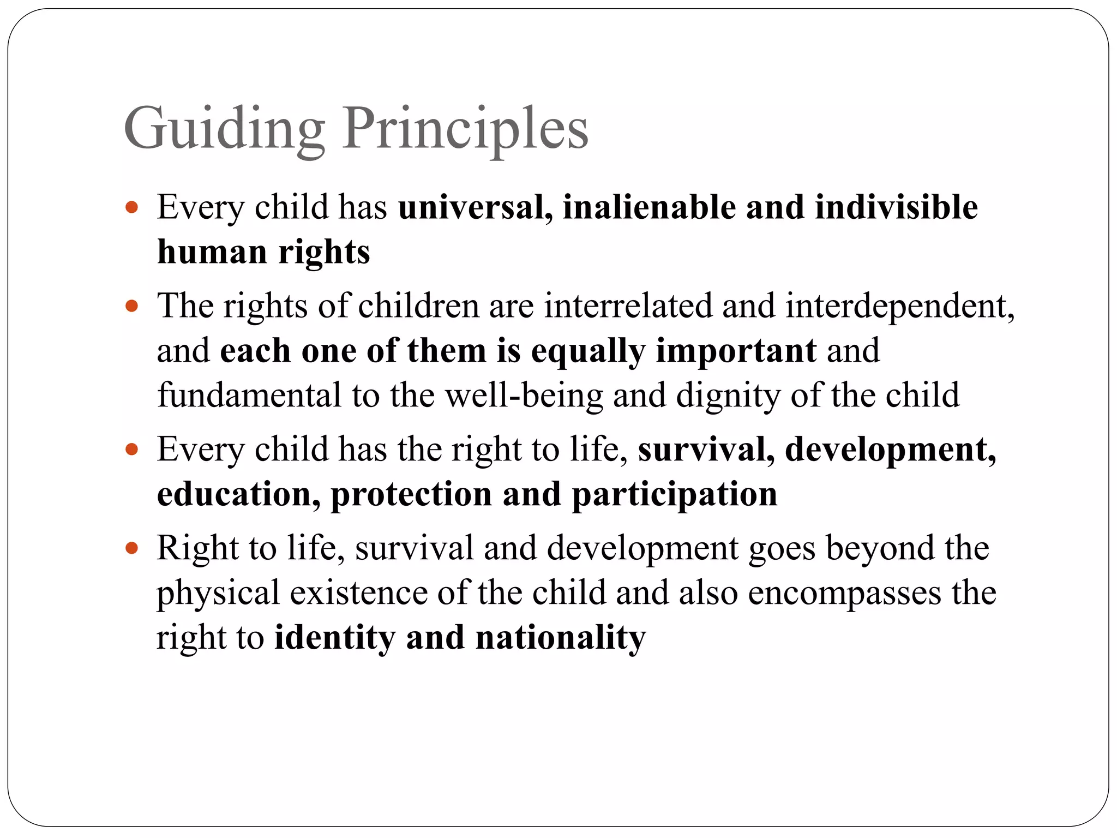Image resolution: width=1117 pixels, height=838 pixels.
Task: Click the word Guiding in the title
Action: [x=224, y=129]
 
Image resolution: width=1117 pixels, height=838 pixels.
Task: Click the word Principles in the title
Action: [x=465, y=129]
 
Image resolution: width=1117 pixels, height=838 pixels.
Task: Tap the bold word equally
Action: [x=588, y=351]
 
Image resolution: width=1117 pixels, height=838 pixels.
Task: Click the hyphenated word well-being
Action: [x=524, y=395]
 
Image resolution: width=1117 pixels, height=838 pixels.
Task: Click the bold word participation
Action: [x=675, y=495]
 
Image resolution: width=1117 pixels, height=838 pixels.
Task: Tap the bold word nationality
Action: [x=561, y=637]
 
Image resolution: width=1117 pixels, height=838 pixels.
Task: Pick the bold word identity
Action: [x=334, y=637]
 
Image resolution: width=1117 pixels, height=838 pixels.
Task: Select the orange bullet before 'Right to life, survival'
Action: [x=131, y=548]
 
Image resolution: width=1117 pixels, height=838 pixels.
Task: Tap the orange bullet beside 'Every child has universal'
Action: [x=131, y=207]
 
